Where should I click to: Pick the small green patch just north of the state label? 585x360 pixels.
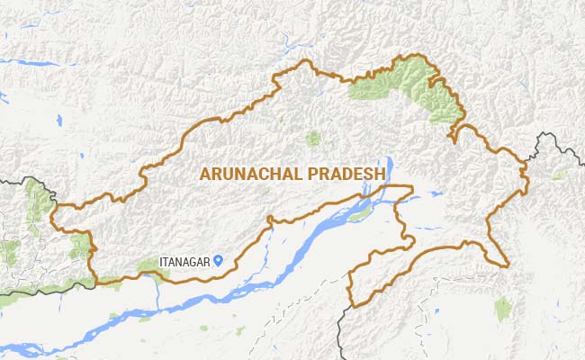pyautogui.click(x=313, y=139)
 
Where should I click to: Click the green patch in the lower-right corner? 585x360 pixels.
pyautogui.click(x=504, y=309)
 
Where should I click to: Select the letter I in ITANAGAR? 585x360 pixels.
pyautogui.click(x=161, y=261)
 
